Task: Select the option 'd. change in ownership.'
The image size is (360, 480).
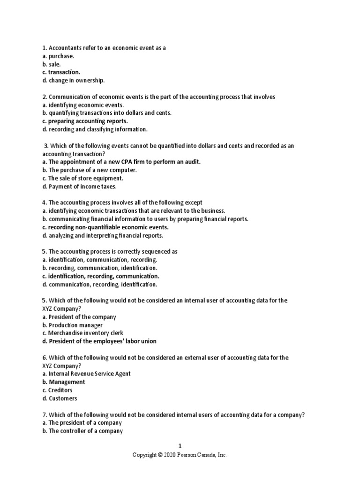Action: [x=73, y=81]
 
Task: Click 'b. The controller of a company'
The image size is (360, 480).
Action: [x=82, y=431]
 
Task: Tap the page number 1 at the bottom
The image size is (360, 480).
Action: [x=180, y=446]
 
